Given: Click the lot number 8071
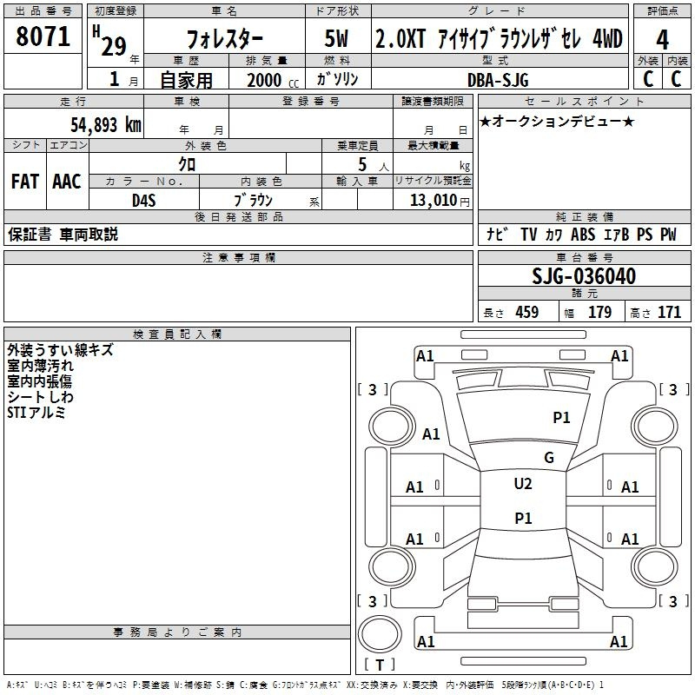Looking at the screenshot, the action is coord(43,36).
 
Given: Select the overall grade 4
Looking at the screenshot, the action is coord(662,40).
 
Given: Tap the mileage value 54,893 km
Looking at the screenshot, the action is coord(106,125).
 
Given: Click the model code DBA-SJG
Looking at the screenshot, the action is coord(498,80).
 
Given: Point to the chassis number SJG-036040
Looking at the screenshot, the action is coord(584,276).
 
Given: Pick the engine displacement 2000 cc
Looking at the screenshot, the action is coord(273,80).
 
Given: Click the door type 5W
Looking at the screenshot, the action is coord(336,38).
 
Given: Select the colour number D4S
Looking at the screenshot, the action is coord(144,201).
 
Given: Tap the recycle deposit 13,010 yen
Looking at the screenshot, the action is coord(440,201).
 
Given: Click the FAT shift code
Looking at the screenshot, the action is coord(25,182).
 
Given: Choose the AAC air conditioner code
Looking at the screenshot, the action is coord(67,182).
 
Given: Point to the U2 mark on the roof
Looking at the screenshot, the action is coord(523,484).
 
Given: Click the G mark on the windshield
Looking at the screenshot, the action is coord(549,458).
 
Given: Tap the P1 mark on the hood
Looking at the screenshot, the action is coord(561,417).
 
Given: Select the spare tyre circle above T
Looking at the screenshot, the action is coord(380,633).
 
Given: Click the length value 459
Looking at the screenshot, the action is coord(527,312).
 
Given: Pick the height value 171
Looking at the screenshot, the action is coord(669,312).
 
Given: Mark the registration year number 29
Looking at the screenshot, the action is coord(114,46).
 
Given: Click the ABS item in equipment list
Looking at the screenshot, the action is coord(582,234).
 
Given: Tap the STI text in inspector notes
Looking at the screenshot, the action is coord(17,413).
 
